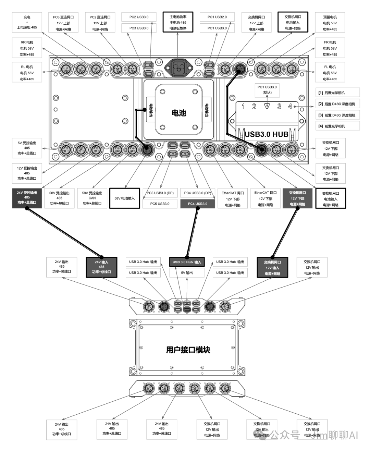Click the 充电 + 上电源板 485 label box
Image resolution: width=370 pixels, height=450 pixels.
point(27,22)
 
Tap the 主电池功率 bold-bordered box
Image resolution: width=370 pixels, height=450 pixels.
point(178,22)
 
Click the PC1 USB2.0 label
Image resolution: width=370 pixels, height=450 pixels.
point(217,17)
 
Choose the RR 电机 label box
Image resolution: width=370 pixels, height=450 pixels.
point(27,48)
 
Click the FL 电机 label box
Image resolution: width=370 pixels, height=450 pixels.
point(330,73)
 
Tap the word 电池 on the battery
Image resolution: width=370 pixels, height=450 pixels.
point(178,113)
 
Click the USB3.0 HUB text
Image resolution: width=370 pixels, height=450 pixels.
point(267,134)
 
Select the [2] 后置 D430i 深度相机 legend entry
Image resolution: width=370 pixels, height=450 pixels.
point(337,104)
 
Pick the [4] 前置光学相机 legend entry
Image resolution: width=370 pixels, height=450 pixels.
point(337,126)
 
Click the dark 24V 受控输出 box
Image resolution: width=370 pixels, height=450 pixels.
point(27,197)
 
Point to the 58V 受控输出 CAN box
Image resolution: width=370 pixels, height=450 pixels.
point(92,198)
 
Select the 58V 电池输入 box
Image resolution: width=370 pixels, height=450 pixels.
point(124,198)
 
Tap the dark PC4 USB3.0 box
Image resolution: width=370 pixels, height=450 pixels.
point(197,204)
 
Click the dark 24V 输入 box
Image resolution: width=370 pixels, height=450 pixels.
point(101,267)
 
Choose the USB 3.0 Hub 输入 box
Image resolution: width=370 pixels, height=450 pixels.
point(187,262)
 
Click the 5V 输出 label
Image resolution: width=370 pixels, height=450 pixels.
point(187,273)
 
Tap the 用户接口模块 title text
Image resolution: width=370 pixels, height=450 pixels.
point(188,350)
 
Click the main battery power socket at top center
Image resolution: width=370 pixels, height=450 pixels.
point(178,67)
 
